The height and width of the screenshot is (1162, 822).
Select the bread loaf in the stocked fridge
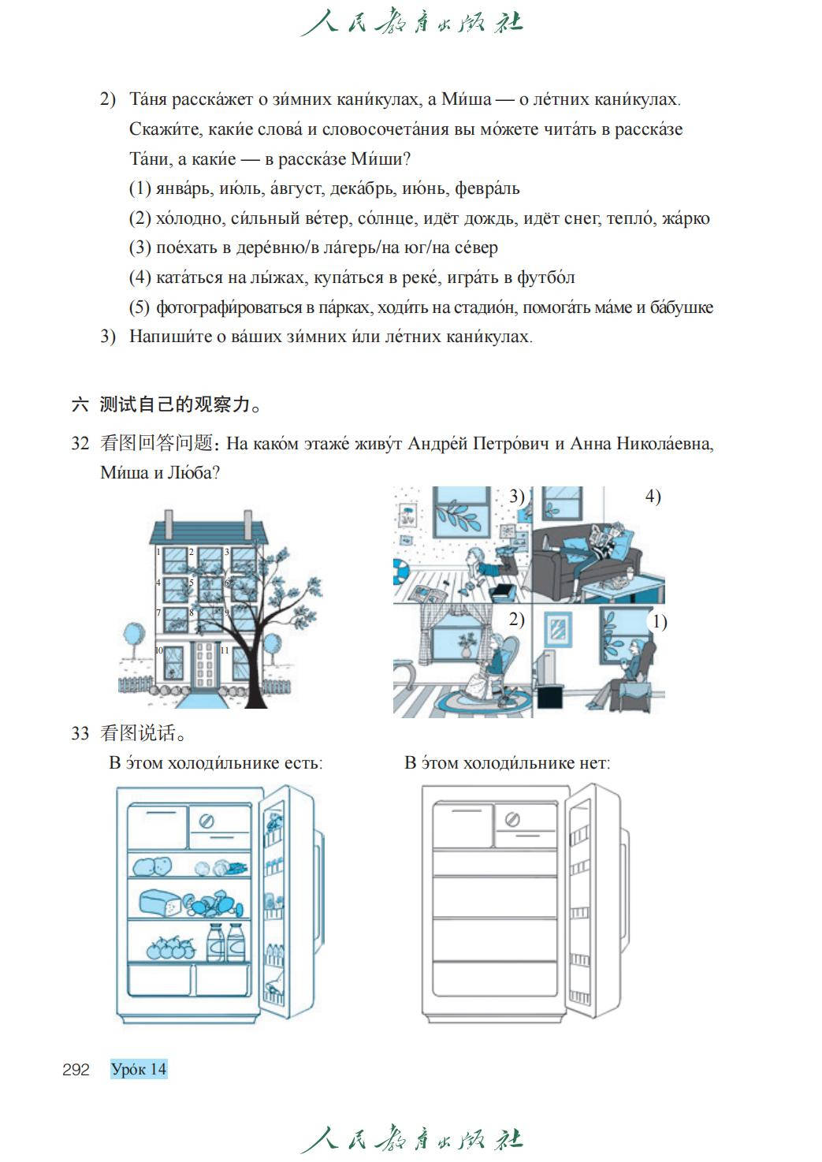[160, 903]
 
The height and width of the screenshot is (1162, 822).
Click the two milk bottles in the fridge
[225, 942]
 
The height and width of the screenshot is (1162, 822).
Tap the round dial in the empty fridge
[512, 820]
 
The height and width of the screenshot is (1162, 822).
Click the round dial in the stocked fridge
[207, 821]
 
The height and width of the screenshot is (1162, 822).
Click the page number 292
[76, 1070]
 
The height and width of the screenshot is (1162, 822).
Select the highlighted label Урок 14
[139, 1070]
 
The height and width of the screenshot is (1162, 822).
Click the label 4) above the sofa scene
[653, 497]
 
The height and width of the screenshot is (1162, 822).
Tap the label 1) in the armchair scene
[659, 622]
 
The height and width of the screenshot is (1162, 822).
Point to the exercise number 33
[80, 733]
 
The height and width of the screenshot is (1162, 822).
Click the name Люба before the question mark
[190, 473]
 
